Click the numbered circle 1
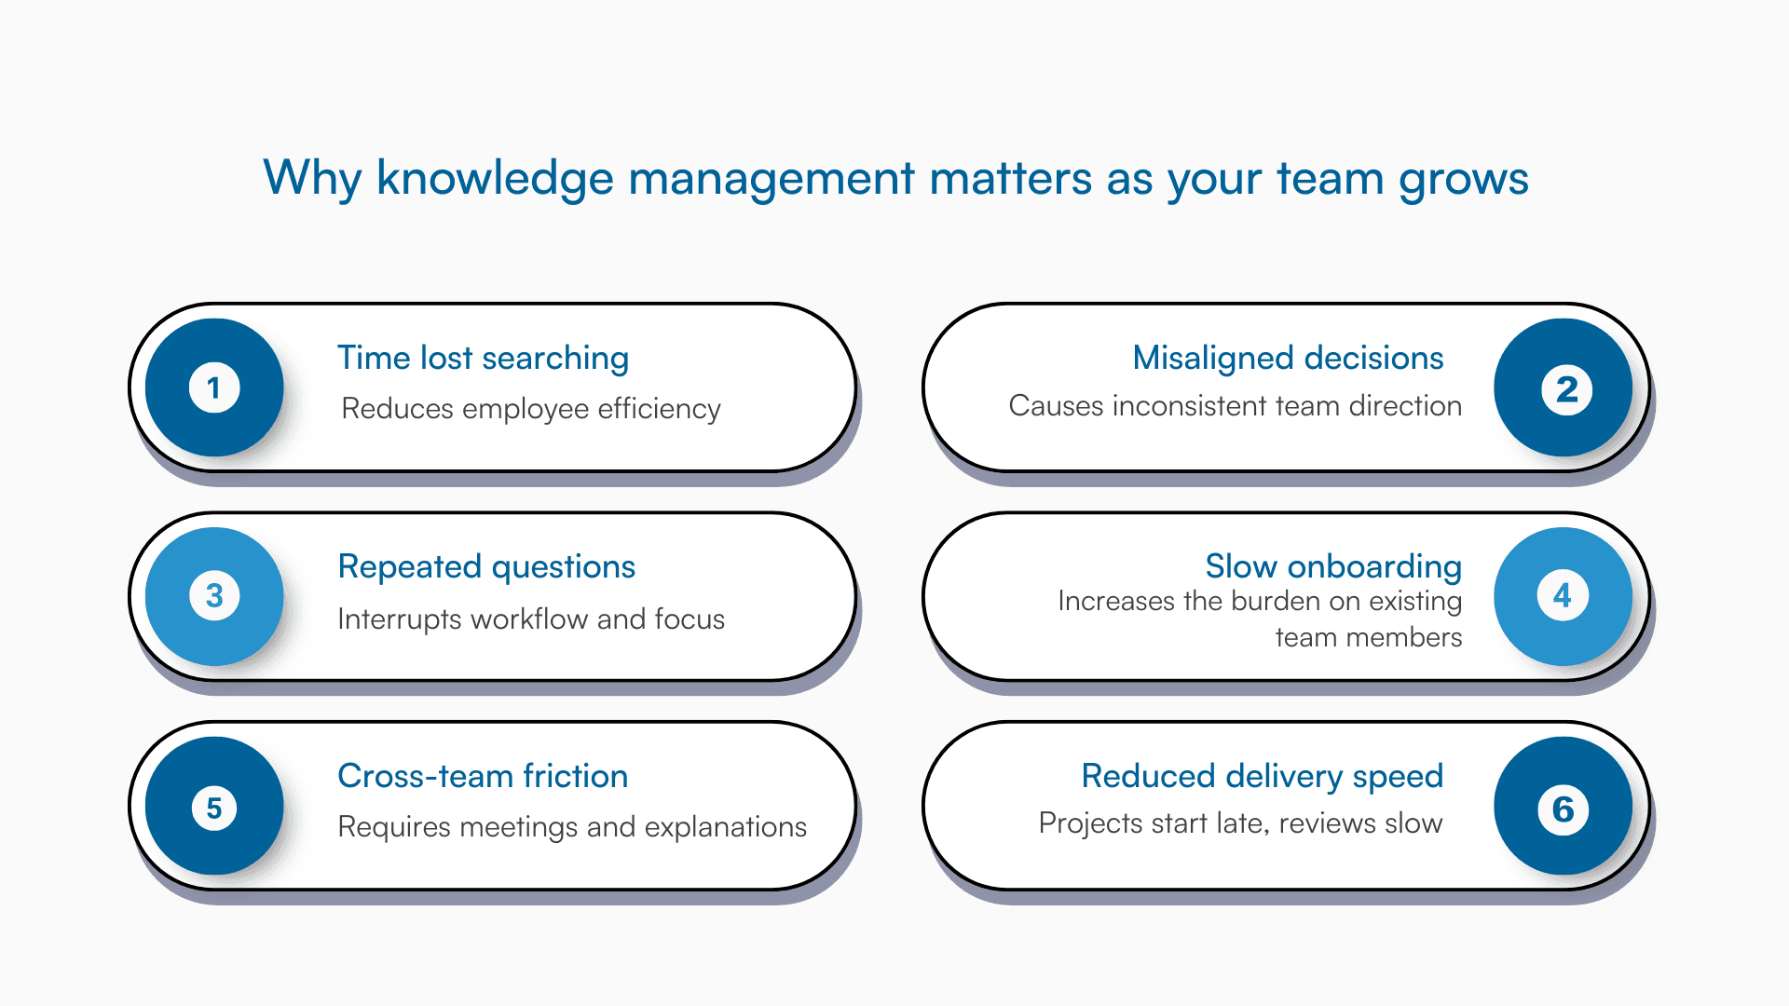tap(214, 387)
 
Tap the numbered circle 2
tap(1564, 387)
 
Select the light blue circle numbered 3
tap(214, 596)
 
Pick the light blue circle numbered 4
tap(1564, 596)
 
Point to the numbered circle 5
tap(214, 807)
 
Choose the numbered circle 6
tap(1564, 807)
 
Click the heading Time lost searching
tap(483, 359)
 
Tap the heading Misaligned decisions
tap(1288, 359)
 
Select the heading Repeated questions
tap(486, 567)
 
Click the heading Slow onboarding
tap(1332, 566)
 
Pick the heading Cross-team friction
tap(483, 776)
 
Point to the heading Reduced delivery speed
tap(1262, 776)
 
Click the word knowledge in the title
tap(495, 178)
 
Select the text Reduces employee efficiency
tap(531, 409)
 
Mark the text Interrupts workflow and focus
tap(531, 619)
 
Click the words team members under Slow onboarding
tap(1368, 638)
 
